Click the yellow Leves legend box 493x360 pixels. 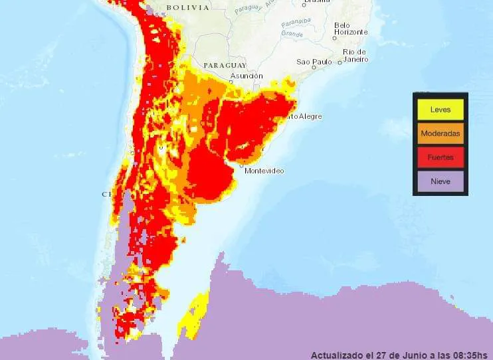click(x=441, y=109)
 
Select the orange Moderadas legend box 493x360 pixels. click(x=441, y=134)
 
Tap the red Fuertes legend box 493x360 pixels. click(x=441, y=157)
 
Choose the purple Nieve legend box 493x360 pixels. click(x=441, y=181)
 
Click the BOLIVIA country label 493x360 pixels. click(x=187, y=7)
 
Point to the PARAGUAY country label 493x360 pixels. click(x=225, y=65)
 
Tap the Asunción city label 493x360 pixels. click(x=246, y=76)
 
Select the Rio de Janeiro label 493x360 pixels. click(x=355, y=55)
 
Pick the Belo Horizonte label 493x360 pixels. click(x=351, y=28)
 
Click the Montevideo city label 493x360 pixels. click(x=264, y=171)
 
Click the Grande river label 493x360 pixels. click(x=292, y=33)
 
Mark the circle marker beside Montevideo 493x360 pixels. click(x=241, y=167)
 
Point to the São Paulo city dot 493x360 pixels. click(x=339, y=62)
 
